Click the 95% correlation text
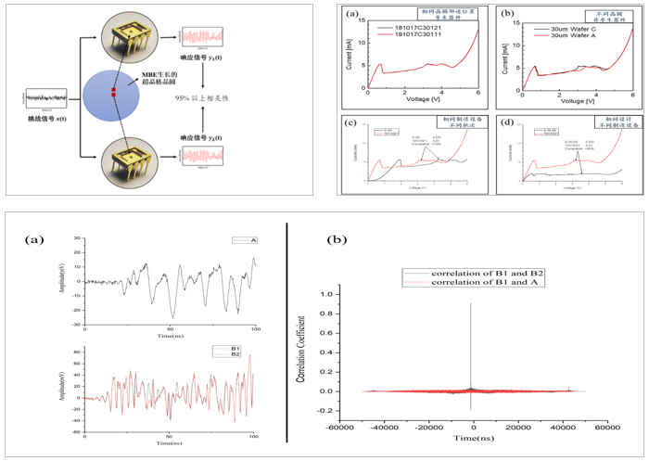point(224,97)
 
